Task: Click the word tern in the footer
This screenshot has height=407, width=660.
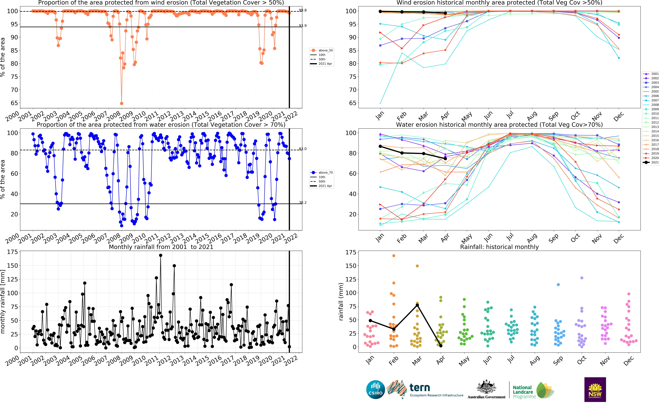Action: click(x=420, y=388)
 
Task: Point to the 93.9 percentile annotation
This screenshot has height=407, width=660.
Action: click(x=303, y=26)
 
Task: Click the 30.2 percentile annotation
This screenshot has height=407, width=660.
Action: click(x=303, y=202)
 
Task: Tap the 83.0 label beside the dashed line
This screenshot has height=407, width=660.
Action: click(x=303, y=149)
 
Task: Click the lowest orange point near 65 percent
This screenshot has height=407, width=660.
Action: click(x=122, y=103)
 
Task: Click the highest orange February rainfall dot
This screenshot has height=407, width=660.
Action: click(x=394, y=256)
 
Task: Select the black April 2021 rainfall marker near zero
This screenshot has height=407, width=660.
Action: click(x=441, y=346)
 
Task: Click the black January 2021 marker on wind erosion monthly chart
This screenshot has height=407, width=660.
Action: click(x=380, y=11)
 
